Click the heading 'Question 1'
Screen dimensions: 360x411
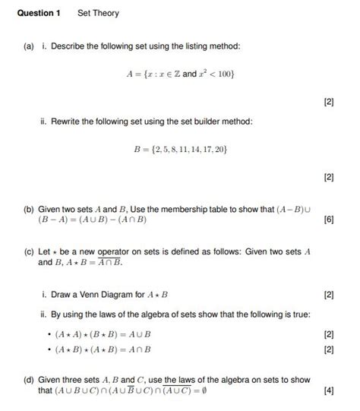pos(38,14)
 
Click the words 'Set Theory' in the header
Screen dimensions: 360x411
pos(98,14)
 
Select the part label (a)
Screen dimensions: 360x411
pos(27,47)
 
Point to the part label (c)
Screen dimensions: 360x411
pos(27,251)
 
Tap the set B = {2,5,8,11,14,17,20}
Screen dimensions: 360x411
pos(180,149)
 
